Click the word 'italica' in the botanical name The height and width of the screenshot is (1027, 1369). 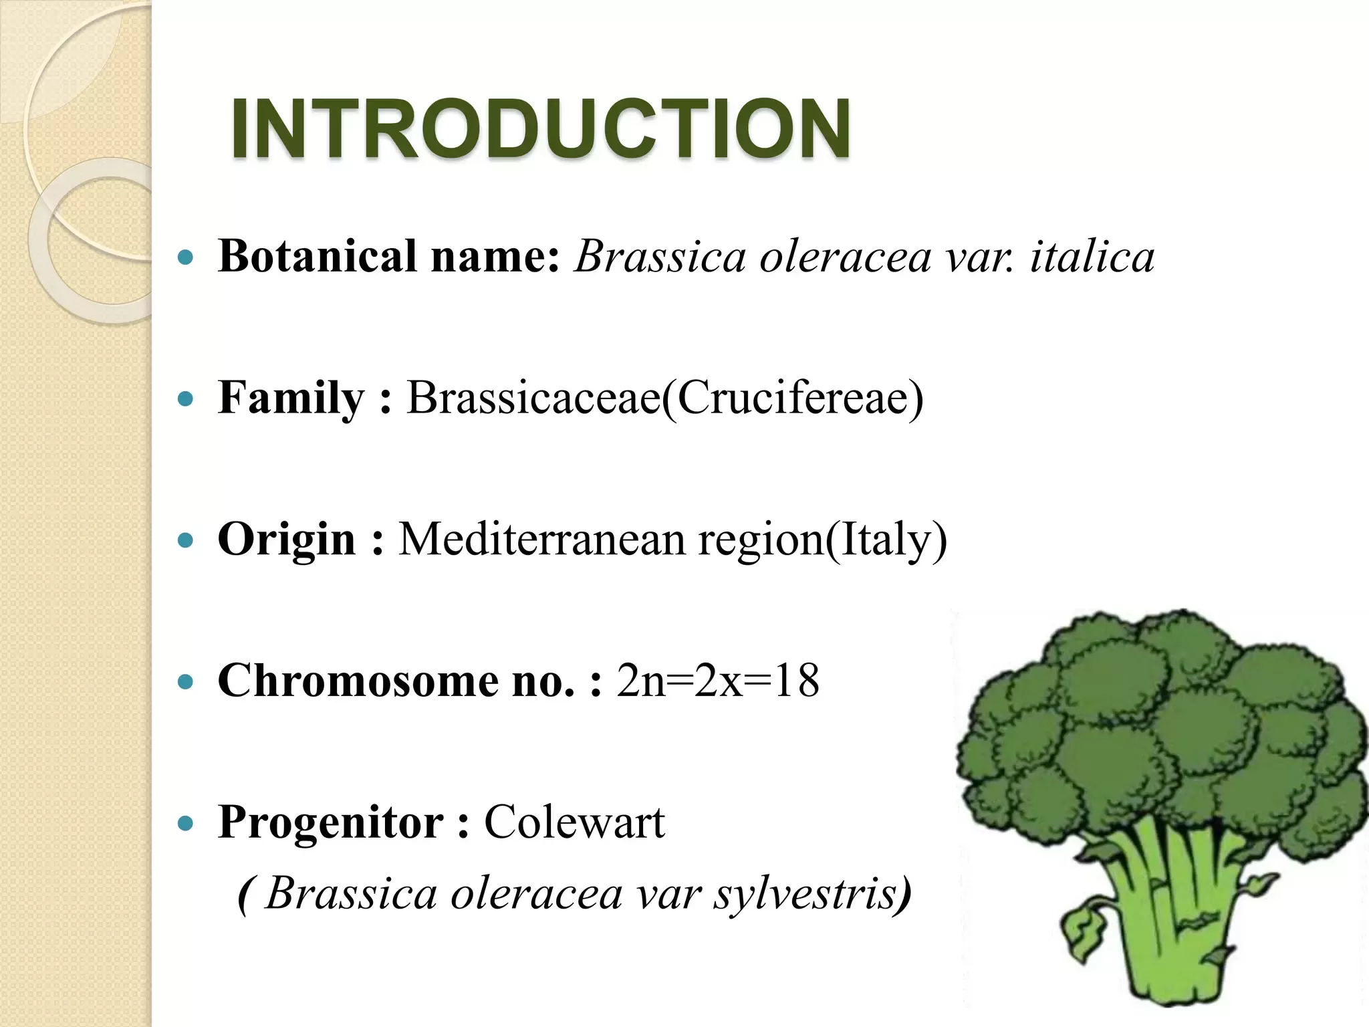pyautogui.click(x=1092, y=257)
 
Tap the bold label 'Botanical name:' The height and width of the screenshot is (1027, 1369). pyautogui.click(x=389, y=257)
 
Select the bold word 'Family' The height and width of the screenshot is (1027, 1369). pyautogui.click(x=291, y=398)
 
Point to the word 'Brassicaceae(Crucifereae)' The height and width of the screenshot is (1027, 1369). pyautogui.click(x=665, y=398)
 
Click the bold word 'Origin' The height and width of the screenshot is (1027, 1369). pyautogui.click(x=286, y=540)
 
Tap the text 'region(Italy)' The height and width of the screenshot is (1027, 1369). pyautogui.click(x=823, y=540)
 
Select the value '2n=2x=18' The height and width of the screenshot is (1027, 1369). pyautogui.click(x=718, y=681)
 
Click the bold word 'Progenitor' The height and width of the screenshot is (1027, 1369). pyautogui.click(x=331, y=822)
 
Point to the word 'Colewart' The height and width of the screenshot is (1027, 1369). pyautogui.click(x=574, y=822)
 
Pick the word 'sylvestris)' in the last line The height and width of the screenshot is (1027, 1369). pyautogui.click(x=812, y=894)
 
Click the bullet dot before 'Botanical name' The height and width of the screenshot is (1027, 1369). pyautogui.click(x=186, y=257)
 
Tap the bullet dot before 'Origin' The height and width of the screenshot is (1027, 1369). pyautogui.click(x=186, y=540)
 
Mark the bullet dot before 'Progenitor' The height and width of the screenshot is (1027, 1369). pyautogui.click(x=186, y=823)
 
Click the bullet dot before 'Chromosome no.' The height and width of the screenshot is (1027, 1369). pyautogui.click(x=186, y=682)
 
